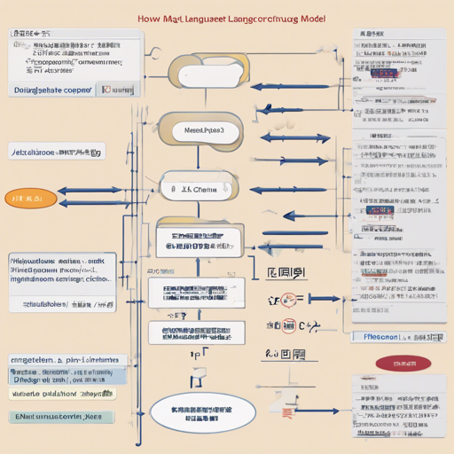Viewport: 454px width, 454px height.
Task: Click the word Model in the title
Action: (309, 19)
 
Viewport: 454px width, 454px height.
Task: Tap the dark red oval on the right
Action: (396, 363)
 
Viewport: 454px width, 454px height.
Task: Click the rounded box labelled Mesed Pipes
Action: (202, 129)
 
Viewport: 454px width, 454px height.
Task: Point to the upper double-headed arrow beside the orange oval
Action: (89, 191)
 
